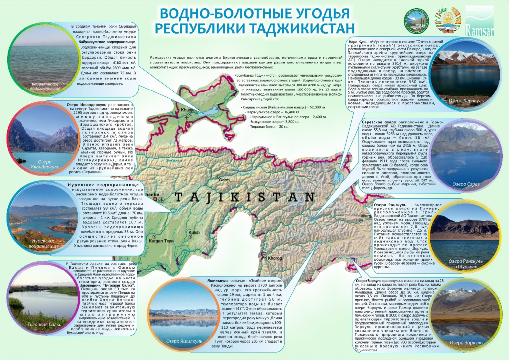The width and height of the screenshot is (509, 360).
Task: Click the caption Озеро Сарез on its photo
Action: point(465,184)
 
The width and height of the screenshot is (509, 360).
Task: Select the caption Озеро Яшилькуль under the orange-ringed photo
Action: point(184,341)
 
